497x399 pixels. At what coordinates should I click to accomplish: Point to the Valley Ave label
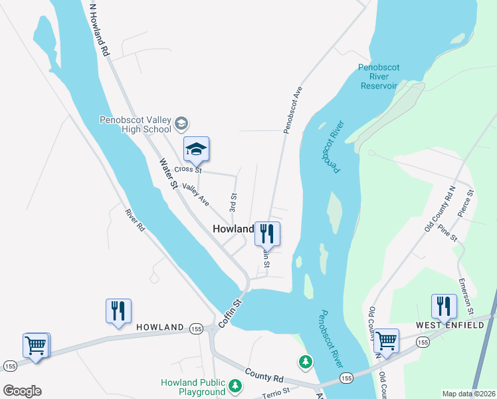pos(195,194)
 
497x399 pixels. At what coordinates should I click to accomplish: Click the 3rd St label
pos(233,203)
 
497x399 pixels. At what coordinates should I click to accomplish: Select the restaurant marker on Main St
pos(267,233)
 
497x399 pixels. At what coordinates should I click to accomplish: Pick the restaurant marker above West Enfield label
pos(443,306)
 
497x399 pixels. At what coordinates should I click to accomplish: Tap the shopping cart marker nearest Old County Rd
pos(386,340)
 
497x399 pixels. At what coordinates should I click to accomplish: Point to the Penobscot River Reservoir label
pos(377,76)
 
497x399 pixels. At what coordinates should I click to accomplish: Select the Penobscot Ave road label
pos(293,110)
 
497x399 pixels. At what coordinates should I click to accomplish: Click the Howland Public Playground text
pos(193,387)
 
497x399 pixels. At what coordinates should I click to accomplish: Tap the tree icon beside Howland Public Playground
pos(235,385)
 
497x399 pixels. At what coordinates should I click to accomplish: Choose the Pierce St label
pos(466,204)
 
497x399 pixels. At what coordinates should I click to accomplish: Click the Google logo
pos(22,391)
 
